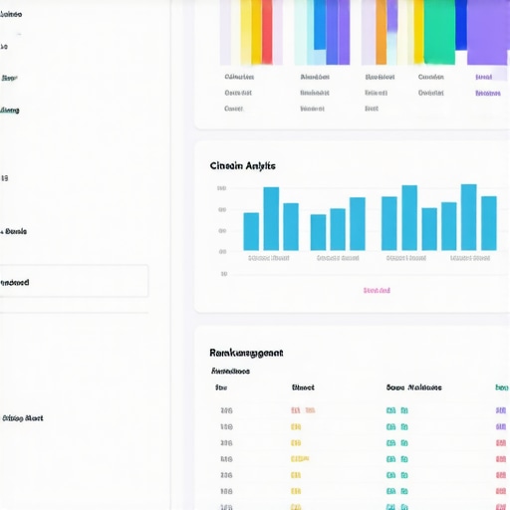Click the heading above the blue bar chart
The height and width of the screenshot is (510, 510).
click(243, 165)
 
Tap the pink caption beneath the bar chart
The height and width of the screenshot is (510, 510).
click(377, 290)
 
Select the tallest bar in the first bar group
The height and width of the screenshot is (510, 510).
click(271, 218)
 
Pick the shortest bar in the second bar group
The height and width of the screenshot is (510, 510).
click(318, 232)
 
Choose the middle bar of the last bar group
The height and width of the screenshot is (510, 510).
click(468, 217)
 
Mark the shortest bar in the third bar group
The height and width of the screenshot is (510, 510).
click(429, 228)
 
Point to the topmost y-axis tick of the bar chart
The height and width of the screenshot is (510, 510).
click(221, 188)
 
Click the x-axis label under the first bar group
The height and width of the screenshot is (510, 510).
click(268, 258)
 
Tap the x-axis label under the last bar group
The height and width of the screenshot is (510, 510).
click(470, 258)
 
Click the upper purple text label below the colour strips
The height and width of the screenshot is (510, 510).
click(484, 77)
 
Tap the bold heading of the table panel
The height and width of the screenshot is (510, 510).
click(246, 353)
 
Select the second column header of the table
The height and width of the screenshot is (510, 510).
click(303, 387)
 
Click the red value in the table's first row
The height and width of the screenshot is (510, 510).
click(303, 410)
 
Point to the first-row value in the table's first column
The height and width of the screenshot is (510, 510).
click(226, 410)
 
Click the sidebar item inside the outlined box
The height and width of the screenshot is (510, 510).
click(16, 282)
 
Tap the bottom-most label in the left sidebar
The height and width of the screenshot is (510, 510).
click(22, 418)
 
